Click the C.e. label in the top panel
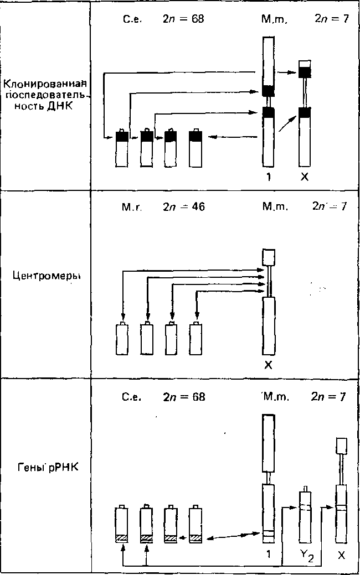132,20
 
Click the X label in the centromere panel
269,366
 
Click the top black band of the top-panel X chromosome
305,71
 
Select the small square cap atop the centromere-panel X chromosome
269,256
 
